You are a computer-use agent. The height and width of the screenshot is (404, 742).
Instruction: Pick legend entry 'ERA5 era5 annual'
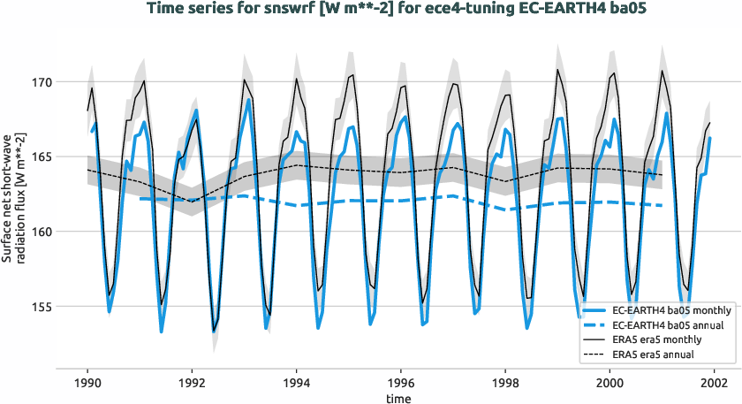tap(655, 354)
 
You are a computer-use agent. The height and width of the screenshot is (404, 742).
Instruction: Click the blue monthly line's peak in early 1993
tap(249, 99)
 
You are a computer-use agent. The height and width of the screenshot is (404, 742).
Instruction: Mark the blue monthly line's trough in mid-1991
tap(162, 332)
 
